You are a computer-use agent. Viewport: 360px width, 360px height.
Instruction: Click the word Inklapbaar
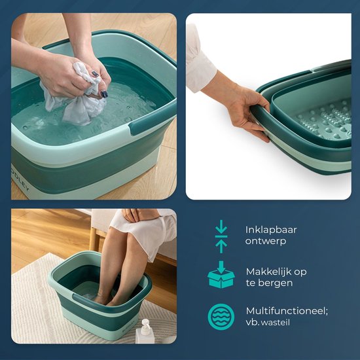[271, 230]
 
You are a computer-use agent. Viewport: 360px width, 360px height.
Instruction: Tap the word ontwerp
[265, 241]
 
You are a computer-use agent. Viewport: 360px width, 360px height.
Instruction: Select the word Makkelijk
[266, 272]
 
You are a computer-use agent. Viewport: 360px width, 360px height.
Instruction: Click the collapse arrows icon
[221, 237]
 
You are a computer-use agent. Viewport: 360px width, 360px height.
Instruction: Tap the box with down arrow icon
[221, 275]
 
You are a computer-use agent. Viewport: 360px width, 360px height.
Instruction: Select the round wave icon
[221, 317]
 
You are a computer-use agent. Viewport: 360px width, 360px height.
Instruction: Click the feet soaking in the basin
[105, 298]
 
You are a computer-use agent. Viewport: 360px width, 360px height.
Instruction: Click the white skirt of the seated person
[147, 232]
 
